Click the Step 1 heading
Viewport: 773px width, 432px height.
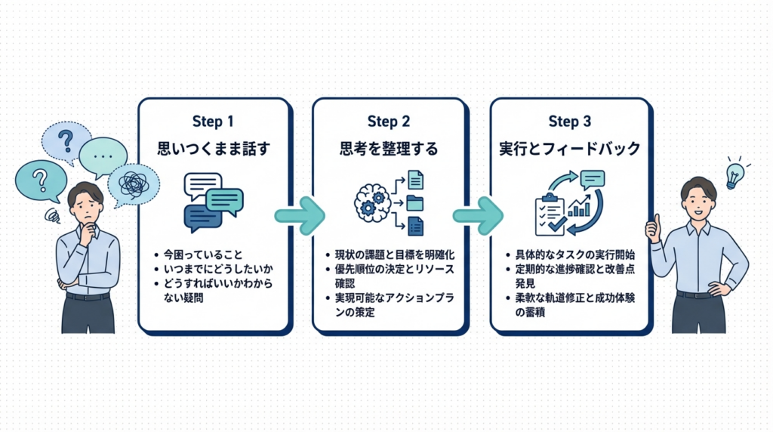[x=213, y=122]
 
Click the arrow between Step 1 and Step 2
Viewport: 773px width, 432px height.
[x=300, y=214]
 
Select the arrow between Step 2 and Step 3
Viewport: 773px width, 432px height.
[x=477, y=214]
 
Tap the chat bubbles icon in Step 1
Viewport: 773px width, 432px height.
[x=214, y=200]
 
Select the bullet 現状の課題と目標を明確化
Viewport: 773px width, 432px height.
[x=392, y=255]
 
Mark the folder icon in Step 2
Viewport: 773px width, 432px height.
[x=414, y=202]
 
